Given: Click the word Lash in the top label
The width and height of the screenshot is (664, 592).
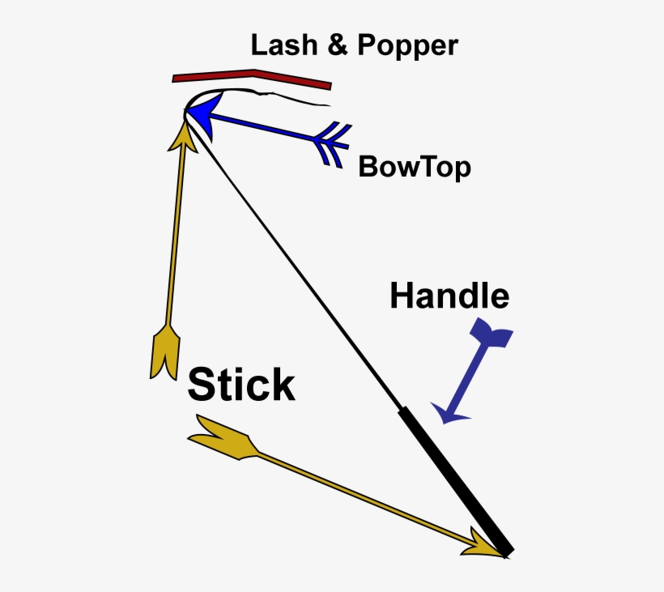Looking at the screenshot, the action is point(284,45).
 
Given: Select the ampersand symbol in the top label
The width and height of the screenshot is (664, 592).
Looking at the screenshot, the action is point(338,45).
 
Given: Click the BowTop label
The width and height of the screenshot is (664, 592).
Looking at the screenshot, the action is point(415,168).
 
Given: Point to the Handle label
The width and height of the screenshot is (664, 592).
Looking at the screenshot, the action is point(449,296).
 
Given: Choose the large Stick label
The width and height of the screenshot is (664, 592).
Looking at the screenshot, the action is point(241,384).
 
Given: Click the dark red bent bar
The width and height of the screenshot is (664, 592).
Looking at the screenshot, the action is point(252,79).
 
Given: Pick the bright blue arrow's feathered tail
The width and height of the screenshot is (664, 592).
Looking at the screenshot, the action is point(333,144).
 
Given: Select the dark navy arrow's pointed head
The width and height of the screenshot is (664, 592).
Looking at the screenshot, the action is point(449,413).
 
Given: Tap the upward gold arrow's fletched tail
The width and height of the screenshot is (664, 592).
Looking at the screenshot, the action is point(165,352).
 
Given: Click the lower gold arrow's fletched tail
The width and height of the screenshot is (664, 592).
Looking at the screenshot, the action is point(223,437).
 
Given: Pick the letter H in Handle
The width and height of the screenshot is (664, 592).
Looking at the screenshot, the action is point(401,296).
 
